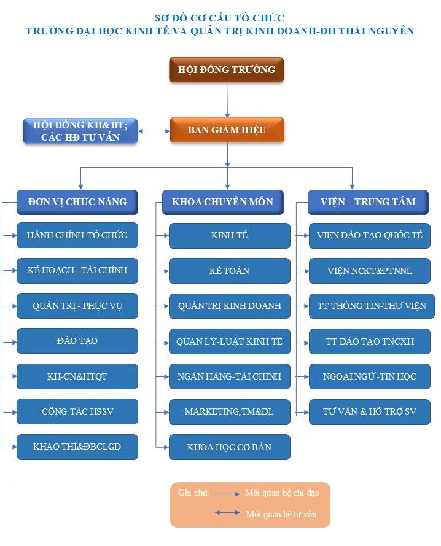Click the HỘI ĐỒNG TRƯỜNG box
click(x=227, y=69)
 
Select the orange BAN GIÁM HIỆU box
click(x=227, y=130)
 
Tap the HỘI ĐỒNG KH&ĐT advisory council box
click(x=80, y=131)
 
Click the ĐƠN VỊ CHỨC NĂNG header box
click(x=77, y=202)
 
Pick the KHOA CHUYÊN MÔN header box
click(x=222, y=202)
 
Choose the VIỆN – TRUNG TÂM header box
click(x=368, y=202)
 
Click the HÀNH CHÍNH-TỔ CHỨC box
click(x=77, y=235)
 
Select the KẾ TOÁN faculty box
click(x=230, y=271)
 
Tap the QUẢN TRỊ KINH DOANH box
click(x=230, y=306)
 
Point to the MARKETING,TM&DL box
click(x=230, y=412)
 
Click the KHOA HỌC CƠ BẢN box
click(x=230, y=447)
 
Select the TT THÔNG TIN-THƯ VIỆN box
click(x=372, y=306)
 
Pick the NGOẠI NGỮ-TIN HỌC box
click(x=370, y=376)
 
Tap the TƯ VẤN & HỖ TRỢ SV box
click(x=370, y=412)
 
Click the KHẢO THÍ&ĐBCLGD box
click(x=77, y=447)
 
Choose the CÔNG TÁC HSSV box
click(x=77, y=411)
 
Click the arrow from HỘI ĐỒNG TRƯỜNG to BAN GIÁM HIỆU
click(x=227, y=100)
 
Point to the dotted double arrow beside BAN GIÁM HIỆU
click(x=154, y=131)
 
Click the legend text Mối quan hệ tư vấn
click(x=281, y=514)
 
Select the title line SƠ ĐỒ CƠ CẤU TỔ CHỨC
click(x=220, y=18)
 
